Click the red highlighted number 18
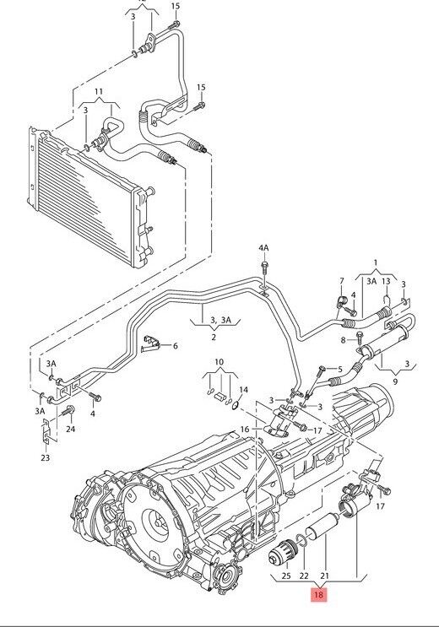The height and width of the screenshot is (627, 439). point(318,595)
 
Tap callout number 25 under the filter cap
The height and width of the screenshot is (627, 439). point(286,576)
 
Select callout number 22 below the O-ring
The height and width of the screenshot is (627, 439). point(305,576)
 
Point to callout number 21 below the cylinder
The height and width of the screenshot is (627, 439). point(323,576)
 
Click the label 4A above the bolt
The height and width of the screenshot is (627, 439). point(263,248)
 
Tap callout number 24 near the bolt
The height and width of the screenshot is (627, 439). point(70,429)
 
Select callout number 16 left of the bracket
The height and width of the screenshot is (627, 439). point(245,430)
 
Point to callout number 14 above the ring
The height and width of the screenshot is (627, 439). point(243,390)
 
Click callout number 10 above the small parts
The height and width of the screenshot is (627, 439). point(219,362)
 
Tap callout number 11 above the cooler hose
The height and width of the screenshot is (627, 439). point(99,92)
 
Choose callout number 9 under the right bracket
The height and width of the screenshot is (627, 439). point(395,381)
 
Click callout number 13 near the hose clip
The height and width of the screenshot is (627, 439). point(386,282)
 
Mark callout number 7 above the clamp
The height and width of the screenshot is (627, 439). point(341,281)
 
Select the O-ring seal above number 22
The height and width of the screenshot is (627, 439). point(301,539)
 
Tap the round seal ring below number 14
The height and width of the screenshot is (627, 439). point(236,406)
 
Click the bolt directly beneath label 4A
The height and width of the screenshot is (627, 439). point(264,268)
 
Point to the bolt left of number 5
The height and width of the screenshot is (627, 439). point(320,371)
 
